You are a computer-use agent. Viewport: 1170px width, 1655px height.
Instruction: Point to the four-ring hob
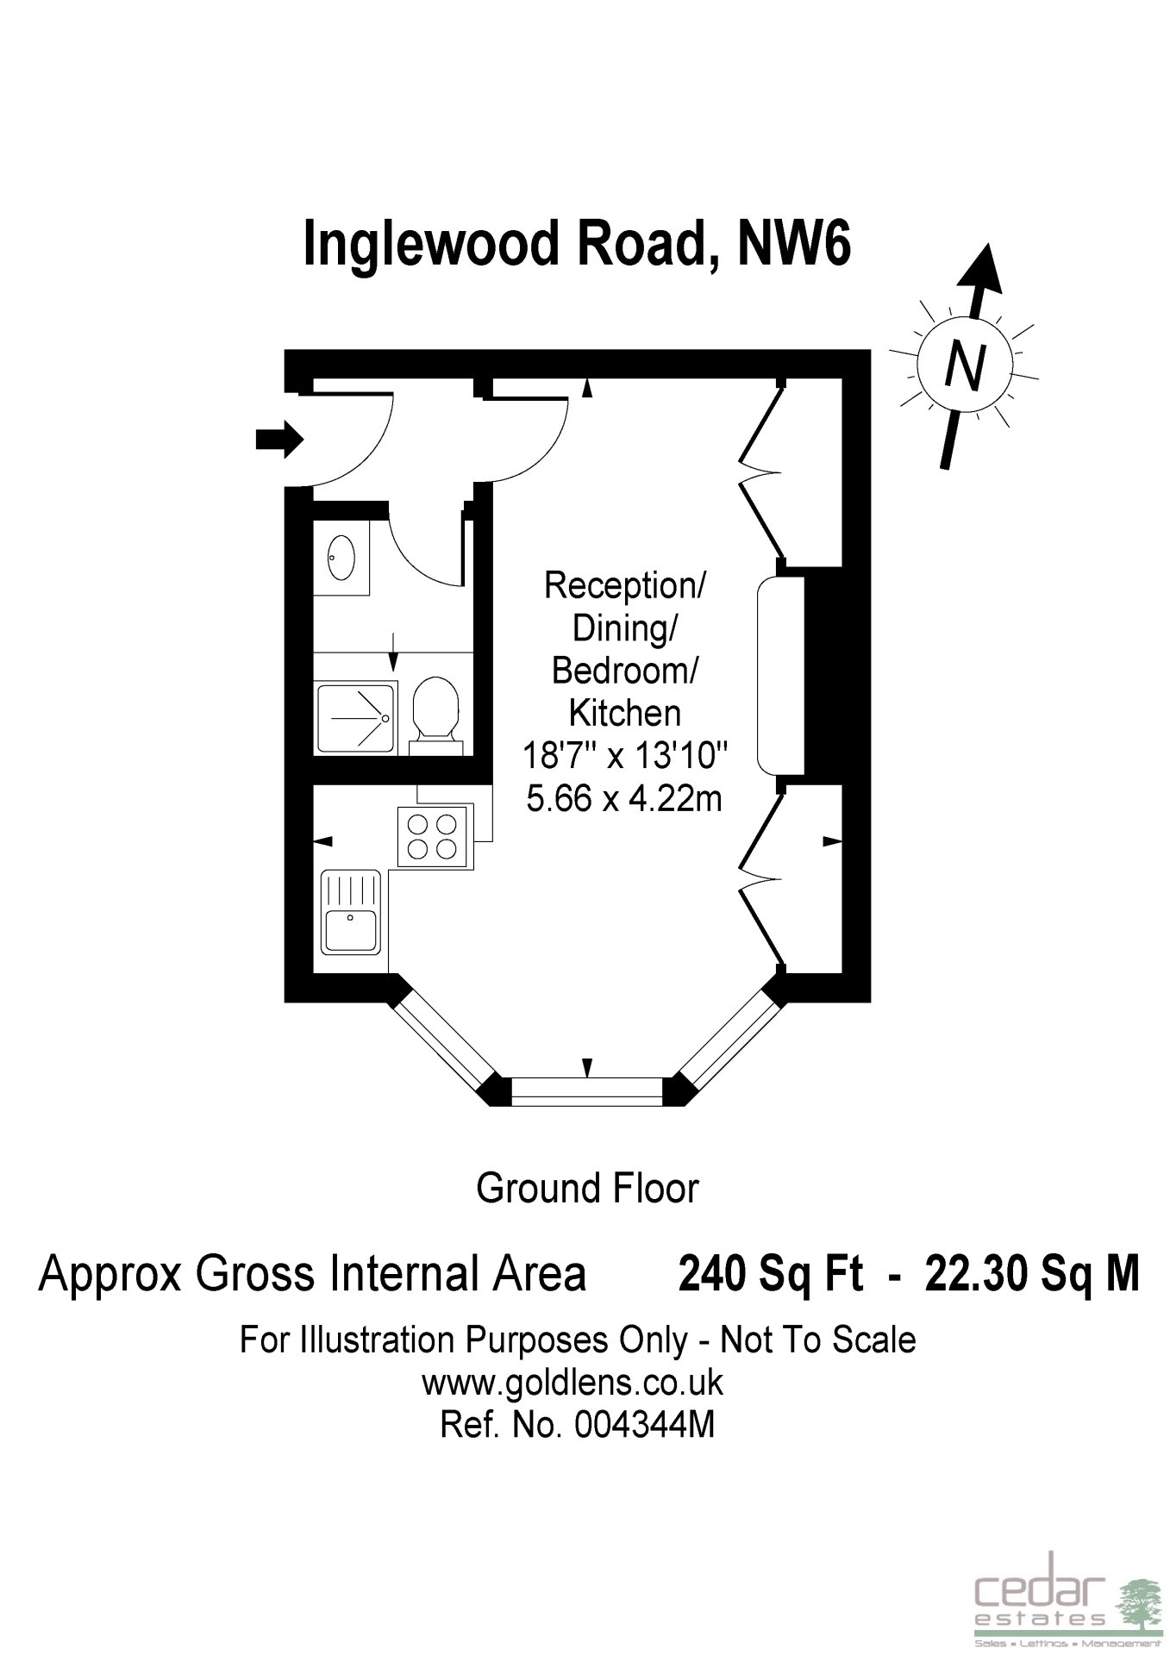(435, 835)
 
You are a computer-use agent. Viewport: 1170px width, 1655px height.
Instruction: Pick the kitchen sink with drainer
(351, 913)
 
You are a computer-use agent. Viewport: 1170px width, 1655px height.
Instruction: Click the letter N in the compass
(965, 367)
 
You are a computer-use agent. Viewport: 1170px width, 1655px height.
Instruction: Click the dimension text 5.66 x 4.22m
(624, 799)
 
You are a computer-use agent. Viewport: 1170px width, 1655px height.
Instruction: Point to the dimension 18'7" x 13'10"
(626, 756)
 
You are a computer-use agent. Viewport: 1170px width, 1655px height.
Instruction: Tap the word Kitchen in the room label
(625, 713)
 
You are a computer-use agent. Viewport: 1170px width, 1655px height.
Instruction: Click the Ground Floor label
(587, 1189)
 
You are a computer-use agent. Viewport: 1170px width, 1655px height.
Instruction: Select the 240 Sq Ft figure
(770, 1273)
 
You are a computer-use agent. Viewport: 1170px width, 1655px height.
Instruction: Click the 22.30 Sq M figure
(1032, 1273)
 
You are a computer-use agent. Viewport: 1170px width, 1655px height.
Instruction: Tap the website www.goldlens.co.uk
(572, 1383)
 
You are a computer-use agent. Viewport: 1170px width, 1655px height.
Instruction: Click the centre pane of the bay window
(587, 1090)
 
